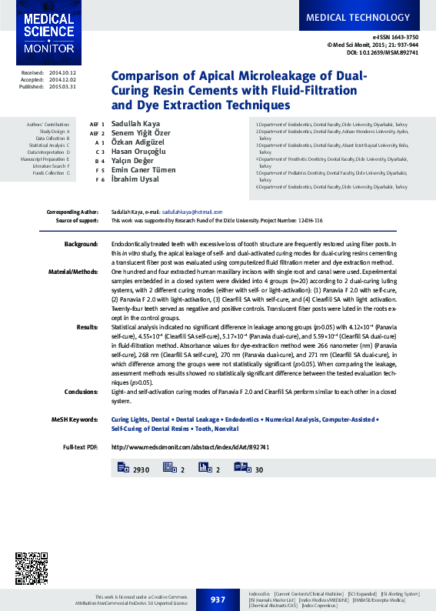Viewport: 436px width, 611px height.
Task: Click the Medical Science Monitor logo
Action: click(48, 32)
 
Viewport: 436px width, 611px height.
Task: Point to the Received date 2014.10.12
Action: click(63, 72)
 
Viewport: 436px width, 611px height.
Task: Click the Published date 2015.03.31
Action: click(63, 87)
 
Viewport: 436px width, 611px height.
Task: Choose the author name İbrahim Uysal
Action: click(132, 179)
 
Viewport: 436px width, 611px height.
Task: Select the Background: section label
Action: click(81, 243)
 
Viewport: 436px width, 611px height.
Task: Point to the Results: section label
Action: click(87, 326)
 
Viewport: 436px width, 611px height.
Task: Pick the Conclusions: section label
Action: click(81, 391)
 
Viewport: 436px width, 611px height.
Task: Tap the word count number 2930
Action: click(141, 469)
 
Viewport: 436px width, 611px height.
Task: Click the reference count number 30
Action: click(259, 469)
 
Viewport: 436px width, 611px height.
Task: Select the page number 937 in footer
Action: click(218, 599)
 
